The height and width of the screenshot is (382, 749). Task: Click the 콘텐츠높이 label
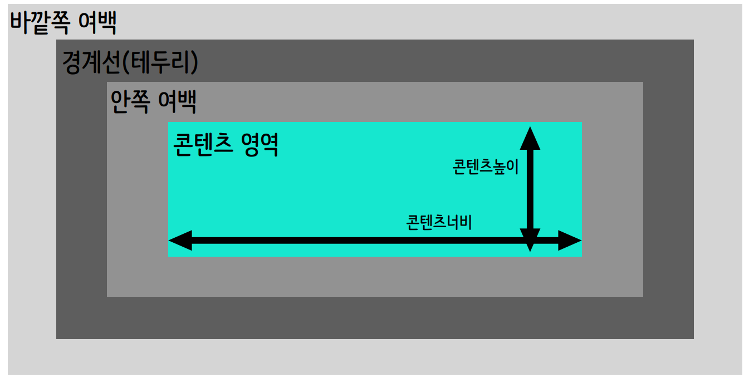pos(486,166)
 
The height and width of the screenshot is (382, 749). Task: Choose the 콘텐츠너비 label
pos(439,222)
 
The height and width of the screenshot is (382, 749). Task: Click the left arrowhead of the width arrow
pos(180,241)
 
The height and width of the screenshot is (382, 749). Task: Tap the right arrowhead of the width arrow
pos(570,241)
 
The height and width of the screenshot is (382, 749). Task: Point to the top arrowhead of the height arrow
pos(530,138)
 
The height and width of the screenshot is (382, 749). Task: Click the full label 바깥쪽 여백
pos(64,24)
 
